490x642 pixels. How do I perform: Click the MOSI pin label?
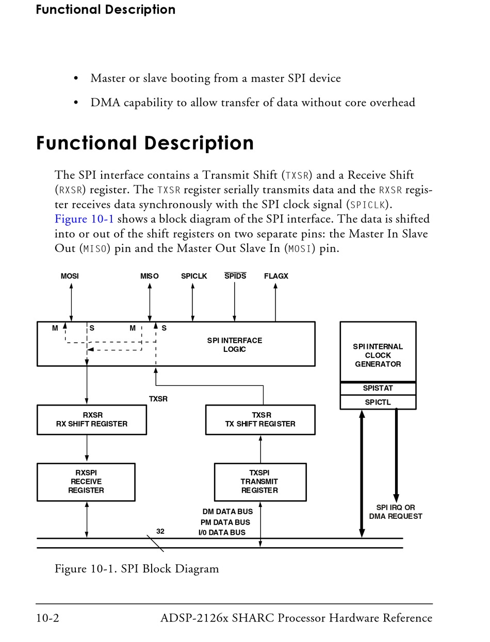point(70,276)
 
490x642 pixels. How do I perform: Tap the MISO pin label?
point(149,276)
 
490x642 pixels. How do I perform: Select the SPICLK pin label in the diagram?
point(194,276)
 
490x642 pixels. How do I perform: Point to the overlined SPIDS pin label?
point(235,276)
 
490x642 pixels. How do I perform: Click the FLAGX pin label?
point(276,276)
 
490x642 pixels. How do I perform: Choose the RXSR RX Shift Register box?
point(92,420)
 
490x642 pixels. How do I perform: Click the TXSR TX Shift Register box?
point(260,420)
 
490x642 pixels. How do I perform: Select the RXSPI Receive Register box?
point(86,482)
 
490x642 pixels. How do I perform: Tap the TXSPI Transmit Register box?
point(260,482)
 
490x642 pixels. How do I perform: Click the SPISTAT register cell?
point(378,388)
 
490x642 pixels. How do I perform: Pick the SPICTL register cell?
point(378,402)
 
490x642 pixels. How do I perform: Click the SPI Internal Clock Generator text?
point(378,356)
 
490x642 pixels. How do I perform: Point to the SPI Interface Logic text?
point(235,345)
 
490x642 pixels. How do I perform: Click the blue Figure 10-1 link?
point(84,219)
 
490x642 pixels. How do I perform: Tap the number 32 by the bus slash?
point(160,531)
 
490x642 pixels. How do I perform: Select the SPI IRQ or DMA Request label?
point(396,512)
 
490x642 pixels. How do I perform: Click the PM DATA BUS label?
point(225,522)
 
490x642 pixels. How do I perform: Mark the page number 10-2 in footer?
point(47,618)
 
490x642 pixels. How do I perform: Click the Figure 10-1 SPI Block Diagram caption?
point(137,569)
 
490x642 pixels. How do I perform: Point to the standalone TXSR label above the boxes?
point(158,399)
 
